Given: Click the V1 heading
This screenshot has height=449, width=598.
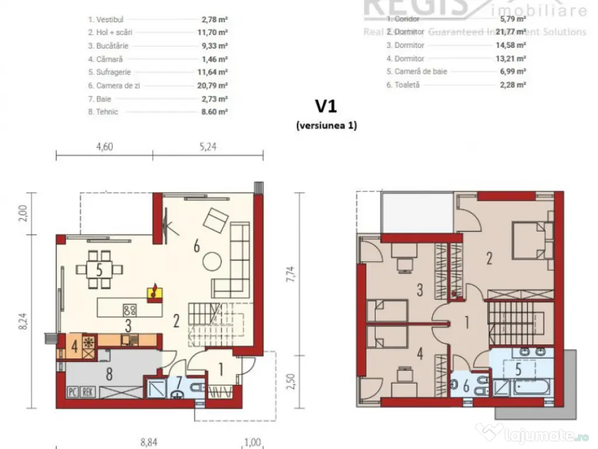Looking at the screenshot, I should pos(326,106).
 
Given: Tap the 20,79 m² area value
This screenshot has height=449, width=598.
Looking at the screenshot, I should pos(211,86).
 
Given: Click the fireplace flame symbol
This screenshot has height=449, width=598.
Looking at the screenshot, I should pos(155,289).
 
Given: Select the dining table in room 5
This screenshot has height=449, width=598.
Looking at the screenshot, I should pos(100,269).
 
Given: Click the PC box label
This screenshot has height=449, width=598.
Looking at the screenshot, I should pos(74,392).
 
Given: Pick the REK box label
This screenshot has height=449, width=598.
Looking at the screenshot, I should pos(88,392).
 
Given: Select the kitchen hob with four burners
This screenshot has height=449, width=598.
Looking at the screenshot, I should pos(129,310).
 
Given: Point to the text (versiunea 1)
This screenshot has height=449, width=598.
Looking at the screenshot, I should pos(326,125).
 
